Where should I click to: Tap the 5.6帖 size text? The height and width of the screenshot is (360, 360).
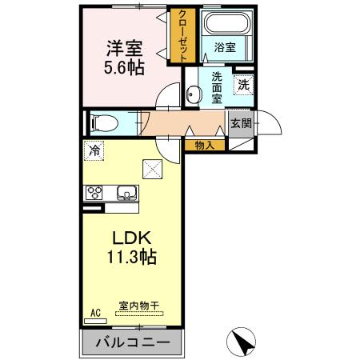[x=123, y=67]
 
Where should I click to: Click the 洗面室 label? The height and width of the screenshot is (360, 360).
[x=216, y=87]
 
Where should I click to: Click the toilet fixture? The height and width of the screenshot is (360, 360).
[x=102, y=123]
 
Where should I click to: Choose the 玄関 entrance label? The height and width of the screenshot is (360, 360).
[x=241, y=123]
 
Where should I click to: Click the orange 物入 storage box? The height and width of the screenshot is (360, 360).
[x=204, y=145]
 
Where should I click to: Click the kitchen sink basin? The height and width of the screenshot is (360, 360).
[x=127, y=192]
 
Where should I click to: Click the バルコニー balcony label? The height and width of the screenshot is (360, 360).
[x=132, y=342]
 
